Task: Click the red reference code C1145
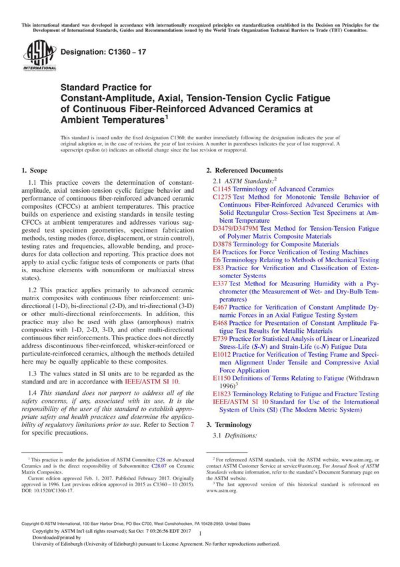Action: pos(223,189)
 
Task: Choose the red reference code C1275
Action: pos(223,197)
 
